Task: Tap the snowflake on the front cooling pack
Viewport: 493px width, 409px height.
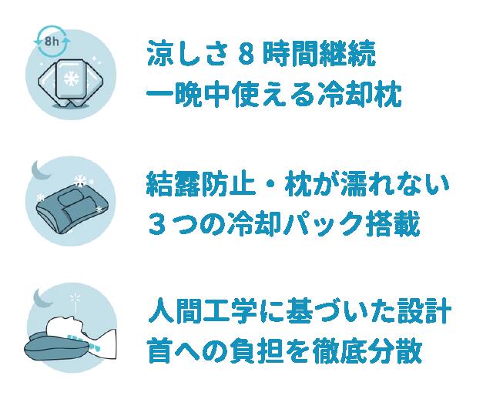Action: tap(71, 79)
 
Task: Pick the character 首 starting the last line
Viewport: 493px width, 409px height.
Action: tap(159, 354)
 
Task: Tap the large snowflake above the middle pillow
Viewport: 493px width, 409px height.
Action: tap(79, 180)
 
